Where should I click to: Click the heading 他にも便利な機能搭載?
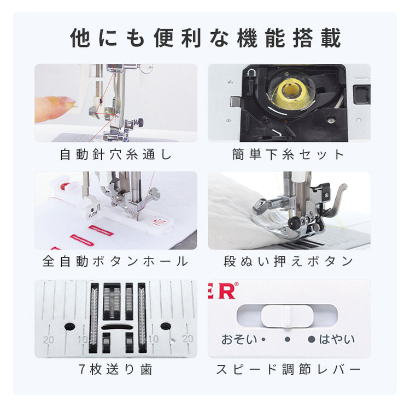[x=205, y=38]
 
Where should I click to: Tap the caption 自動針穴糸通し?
[x=116, y=154]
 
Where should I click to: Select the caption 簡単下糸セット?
[x=288, y=154]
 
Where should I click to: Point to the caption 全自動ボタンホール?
[x=115, y=261]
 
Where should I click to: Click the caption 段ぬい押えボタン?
[x=289, y=261]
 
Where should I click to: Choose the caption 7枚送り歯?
[x=115, y=369]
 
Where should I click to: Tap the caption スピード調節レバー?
[x=289, y=369]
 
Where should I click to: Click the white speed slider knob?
[x=287, y=316]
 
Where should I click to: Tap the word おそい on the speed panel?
[x=239, y=339]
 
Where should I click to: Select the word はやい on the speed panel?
[x=337, y=339]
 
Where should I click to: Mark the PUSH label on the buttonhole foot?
[x=92, y=214]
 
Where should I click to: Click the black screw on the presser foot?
[x=293, y=222]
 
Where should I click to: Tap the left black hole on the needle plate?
[x=70, y=326]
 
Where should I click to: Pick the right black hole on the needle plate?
[x=166, y=326]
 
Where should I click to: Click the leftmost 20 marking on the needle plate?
[x=48, y=340]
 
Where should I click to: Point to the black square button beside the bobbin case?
[x=362, y=94]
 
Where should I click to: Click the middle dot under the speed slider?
[x=288, y=339]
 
